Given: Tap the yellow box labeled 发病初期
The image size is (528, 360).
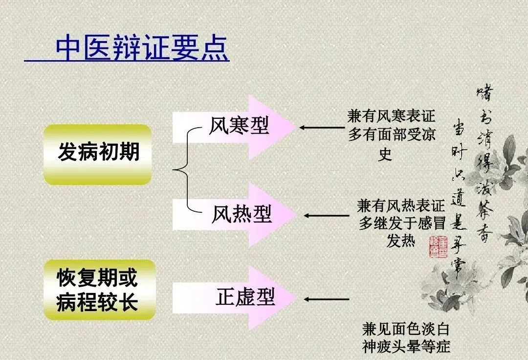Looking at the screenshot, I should (x=98, y=153).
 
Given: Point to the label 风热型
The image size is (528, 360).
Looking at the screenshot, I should (x=242, y=214).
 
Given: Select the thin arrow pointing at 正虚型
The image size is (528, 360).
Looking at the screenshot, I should (x=326, y=299).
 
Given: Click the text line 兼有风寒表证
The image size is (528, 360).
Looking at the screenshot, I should (x=391, y=116).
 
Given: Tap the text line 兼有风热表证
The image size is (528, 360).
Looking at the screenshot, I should (x=401, y=205).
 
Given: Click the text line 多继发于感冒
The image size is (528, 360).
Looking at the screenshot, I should (x=402, y=223).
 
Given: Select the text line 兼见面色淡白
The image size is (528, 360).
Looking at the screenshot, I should (x=406, y=328).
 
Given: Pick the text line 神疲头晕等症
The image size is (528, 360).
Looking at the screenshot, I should (x=406, y=346).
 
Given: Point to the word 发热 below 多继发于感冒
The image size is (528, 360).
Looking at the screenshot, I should (x=400, y=241).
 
